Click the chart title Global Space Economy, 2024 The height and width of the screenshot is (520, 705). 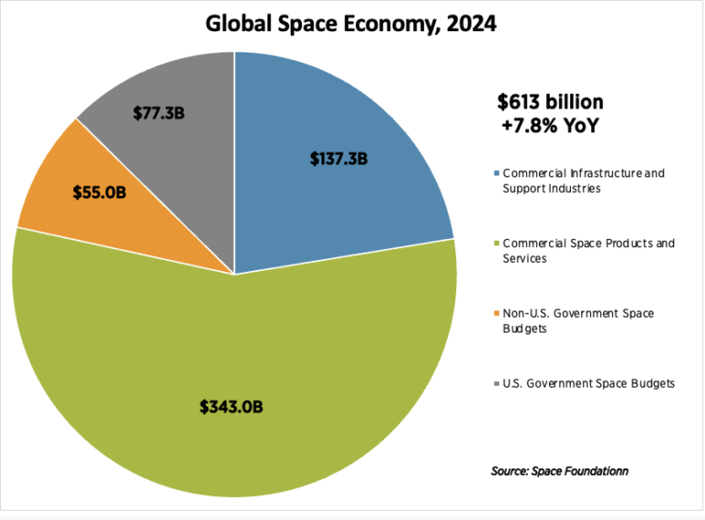pyautogui.click(x=352, y=23)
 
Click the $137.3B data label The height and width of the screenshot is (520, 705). pyautogui.click(x=340, y=159)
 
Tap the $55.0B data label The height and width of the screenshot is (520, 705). pyautogui.click(x=98, y=192)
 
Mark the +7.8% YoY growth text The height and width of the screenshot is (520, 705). pyautogui.click(x=548, y=126)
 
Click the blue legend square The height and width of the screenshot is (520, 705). pyautogui.click(x=497, y=174)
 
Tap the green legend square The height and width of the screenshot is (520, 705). pyautogui.click(x=497, y=244)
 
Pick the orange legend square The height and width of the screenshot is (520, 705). pyautogui.click(x=497, y=314)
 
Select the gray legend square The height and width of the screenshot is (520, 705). pyautogui.click(x=497, y=384)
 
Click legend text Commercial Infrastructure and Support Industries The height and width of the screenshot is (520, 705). pyautogui.click(x=583, y=180)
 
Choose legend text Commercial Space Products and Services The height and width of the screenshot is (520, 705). pyautogui.click(x=588, y=251)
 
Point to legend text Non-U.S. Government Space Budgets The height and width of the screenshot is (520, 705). pyautogui.click(x=577, y=321)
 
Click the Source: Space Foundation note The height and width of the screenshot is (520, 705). pyautogui.click(x=560, y=471)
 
